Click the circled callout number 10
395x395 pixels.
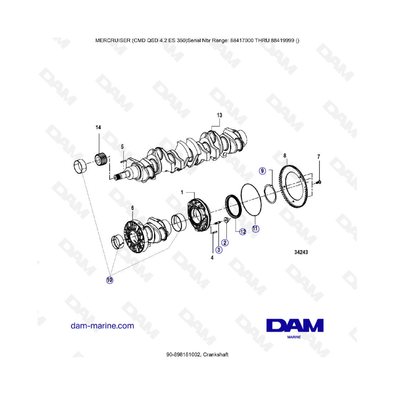[x=110, y=280]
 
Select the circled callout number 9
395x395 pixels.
[x=262, y=171]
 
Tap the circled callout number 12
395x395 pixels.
[x=243, y=232]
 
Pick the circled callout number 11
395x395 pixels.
[x=255, y=229]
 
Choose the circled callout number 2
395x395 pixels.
[x=225, y=243]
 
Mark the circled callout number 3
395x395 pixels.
[x=219, y=250]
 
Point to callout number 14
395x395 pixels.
[x=98, y=127]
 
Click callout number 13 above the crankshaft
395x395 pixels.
[x=219, y=115]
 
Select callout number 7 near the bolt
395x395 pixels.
[x=319, y=157]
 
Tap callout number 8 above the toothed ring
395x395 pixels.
[x=285, y=156]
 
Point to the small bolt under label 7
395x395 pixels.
[x=318, y=182]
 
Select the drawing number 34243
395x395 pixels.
[x=301, y=252]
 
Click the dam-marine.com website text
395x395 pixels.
[x=102, y=326]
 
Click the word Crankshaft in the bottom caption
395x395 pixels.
[x=215, y=355]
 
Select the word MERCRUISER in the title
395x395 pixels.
[x=113, y=40]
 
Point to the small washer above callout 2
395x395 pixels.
[x=226, y=220]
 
